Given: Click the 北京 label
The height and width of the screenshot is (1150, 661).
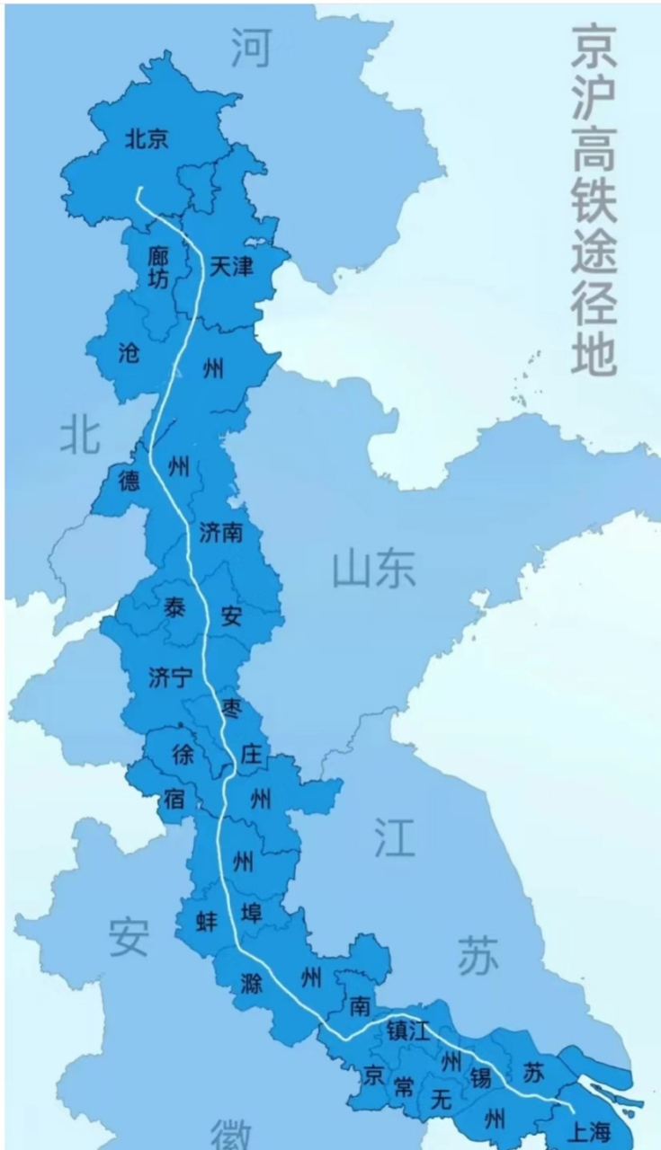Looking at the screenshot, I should [x=147, y=138].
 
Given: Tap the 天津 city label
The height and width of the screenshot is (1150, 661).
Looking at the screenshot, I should [x=231, y=266].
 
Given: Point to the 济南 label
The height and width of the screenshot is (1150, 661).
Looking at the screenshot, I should [x=221, y=533].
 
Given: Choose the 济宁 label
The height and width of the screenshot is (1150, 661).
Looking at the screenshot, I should [x=171, y=677].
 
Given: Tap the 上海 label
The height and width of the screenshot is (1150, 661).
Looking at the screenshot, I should [x=590, y=1133].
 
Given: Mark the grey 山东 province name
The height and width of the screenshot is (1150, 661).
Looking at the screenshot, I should [x=374, y=570].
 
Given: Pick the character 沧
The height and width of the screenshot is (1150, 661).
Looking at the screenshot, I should [x=130, y=353].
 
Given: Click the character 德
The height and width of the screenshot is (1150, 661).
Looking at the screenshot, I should [x=130, y=481].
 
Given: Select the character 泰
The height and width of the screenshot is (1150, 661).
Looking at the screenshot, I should [x=174, y=607].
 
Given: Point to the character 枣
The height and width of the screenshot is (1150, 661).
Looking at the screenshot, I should [x=231, y=707].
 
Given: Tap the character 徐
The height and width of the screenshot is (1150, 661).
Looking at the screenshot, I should [x=183, y=756].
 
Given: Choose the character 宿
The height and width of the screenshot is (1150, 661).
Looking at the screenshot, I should [x=174, y=798].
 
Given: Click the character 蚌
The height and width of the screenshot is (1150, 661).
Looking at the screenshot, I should [x=207, y=921].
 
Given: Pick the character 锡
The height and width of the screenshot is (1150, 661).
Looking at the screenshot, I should [x=480, y=1077].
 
